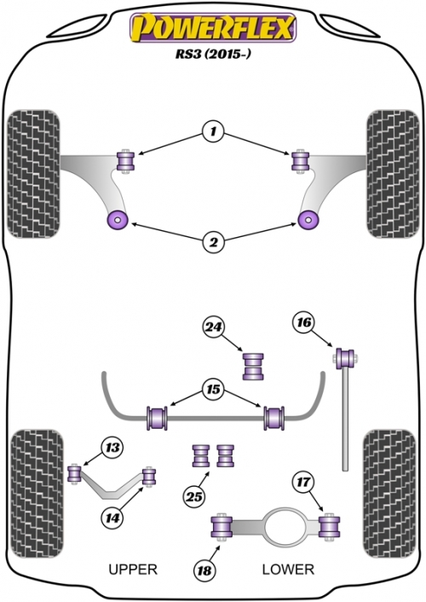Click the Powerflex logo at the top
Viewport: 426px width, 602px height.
[213, 27]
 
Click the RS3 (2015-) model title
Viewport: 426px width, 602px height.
[213, 54]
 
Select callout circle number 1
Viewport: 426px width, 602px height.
[213, 132]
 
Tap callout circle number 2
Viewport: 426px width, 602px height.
[213, 242]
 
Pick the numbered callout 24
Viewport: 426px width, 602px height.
[213, 327]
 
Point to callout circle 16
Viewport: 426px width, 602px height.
[304, 322]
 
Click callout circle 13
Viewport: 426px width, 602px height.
[112, 448]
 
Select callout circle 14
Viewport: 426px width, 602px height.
[112, 518]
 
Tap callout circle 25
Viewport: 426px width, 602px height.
[194, 497]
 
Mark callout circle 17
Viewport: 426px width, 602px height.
[303, 482]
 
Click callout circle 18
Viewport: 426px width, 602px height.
[204, 570]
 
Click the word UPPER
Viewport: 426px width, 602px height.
[133, 569]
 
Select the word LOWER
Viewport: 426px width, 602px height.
[288, 569]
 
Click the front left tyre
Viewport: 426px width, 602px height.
[33, 174]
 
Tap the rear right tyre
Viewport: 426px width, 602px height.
[389, 494]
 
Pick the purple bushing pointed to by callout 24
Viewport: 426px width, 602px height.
[253, 367]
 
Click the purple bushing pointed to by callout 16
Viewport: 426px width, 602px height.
[345, 358]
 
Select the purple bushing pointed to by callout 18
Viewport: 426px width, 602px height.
[222, 527]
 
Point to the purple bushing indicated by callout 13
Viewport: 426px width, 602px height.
[74, 474]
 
